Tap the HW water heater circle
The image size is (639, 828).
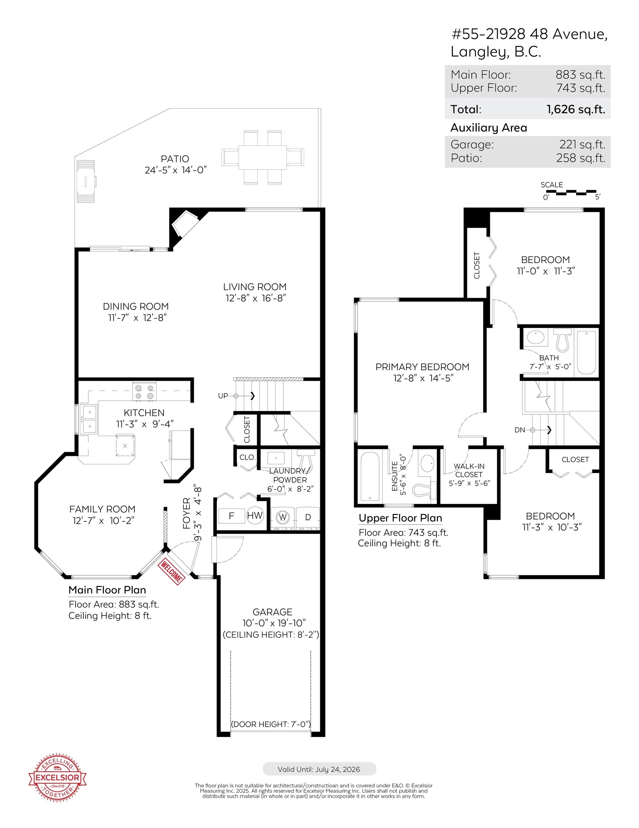pyautogui.click(x=255, y=516)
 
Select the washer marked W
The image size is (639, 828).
pyautogui.click(x=283, y=517)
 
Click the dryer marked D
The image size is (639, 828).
pyautogui.click(x=308, y=517)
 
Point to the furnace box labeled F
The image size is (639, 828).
pyautogui.click(x=232, y=516)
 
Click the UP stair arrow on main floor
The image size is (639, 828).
pyautogui.click(x=245, y=396)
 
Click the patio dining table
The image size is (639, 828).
pyautogui.click(x=262, y=157)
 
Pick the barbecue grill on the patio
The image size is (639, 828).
pyautogui.click(x=85, y=181)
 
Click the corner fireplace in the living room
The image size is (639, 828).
pyautogui.click(x=185, y=224)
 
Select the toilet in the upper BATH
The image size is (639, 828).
pyautogui.click(x=562, y=340)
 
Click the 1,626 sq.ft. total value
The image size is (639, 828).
pyautogui.click(x=575, y=110)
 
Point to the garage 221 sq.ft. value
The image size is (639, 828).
pyautogui.click(x=582, y=144)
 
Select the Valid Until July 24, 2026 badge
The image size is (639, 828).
pyautogui.click(x=319, y=769)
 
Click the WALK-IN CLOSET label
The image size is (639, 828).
pyautogui.click(x=469, y=474)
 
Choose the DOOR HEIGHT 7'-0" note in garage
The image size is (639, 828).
pyautogui.click(x=271, y=724)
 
